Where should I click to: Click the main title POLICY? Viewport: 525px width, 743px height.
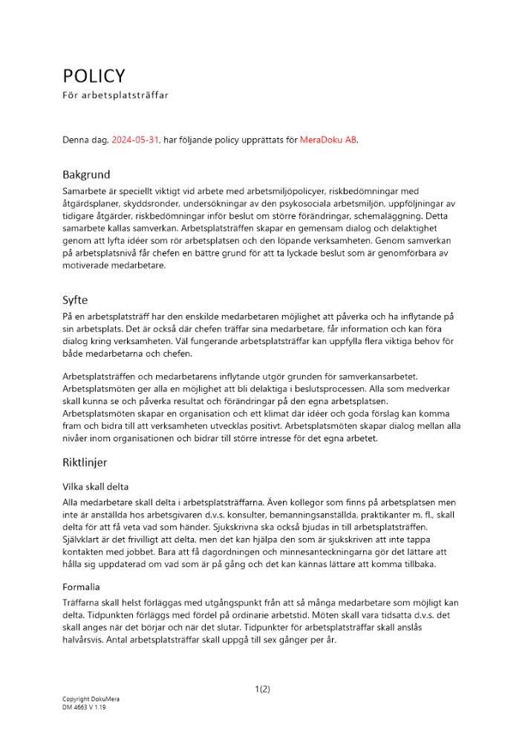tap(94, 76)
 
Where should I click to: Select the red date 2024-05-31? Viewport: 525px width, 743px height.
tap(135, 140)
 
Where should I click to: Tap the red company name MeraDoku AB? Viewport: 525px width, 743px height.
tap(328, 140)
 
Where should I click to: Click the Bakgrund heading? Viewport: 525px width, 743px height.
tap(85, 175)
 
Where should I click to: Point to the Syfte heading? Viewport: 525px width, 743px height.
tap(75, 300)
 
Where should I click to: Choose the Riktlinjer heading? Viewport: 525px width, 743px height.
tap(85, 462)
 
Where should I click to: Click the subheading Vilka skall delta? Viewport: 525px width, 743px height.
tap(96, 487)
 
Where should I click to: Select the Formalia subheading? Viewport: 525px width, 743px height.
tap(80, 586)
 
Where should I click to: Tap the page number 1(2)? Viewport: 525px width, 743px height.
tap(262, 689)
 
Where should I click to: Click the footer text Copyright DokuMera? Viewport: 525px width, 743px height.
tap(91, 699)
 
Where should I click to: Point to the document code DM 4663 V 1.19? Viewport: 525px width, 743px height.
tap(84, 707)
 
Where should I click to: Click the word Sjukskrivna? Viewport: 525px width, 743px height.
tap(239, 526)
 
